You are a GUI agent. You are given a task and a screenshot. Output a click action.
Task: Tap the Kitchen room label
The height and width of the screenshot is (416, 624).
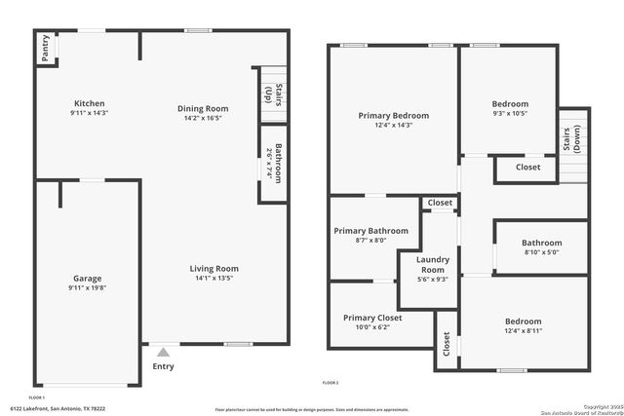coord(89,103)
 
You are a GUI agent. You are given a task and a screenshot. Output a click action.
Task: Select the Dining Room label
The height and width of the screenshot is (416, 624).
coord(202,108)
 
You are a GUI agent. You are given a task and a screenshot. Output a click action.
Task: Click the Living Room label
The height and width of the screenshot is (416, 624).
coord(215,268)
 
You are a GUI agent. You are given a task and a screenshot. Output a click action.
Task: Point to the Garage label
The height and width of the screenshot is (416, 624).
coord(88,278)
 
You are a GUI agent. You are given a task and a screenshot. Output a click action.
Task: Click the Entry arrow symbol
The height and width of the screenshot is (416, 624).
coord(163,352)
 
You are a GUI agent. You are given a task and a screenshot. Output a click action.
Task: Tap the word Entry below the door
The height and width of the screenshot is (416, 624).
coord(164,366)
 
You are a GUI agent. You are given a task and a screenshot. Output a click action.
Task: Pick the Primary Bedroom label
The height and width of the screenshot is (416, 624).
coord(393,115)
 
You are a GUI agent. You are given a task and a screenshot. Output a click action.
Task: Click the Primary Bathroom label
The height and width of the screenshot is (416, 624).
coord(370,231)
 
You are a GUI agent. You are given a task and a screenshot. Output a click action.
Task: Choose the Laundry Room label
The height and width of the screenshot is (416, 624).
coord(432,264)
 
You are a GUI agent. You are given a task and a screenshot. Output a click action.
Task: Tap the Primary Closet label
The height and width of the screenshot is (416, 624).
coord(371,318)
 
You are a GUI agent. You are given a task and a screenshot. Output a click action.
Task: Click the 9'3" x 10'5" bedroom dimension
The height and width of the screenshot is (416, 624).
coord(510,114)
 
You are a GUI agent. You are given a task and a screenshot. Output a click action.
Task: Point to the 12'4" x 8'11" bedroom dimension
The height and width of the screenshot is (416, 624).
coord(524,332)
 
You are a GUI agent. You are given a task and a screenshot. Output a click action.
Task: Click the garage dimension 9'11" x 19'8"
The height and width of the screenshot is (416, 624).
coord(88,287)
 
